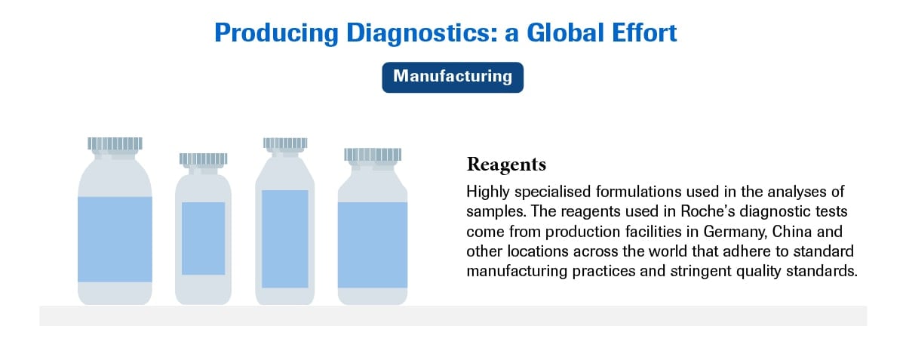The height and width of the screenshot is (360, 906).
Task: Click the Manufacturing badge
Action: click(x=453, y=76)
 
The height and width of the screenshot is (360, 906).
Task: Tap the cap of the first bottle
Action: click(x=115, y=143)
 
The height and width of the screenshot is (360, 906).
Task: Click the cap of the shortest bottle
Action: click(x=203, y=158)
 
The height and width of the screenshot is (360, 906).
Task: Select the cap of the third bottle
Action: click(x=284, y=142)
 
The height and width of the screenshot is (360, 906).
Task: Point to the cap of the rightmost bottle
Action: click(x=372, y=154)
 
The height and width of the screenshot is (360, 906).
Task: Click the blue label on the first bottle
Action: click(x=115, y=238)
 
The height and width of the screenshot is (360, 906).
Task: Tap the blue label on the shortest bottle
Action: click(x=203, y=238)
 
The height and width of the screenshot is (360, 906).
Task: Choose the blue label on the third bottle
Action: click(x=284, y=238)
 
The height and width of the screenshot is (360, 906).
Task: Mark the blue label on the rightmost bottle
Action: click(x=372, y=245)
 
